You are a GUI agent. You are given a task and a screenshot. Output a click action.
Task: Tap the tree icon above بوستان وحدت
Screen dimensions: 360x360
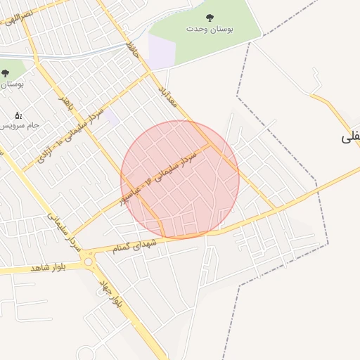(209, 18)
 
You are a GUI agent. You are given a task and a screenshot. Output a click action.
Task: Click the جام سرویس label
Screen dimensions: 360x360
(15, 125)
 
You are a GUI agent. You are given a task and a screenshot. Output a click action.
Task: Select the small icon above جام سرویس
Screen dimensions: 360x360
(18, 115)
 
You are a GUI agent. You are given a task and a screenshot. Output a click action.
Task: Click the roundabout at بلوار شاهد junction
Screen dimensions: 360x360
(89, 262)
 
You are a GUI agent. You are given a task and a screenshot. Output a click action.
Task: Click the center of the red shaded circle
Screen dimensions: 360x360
(180, 179)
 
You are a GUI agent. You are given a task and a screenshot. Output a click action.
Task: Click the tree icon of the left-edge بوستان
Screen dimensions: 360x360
(5, 73)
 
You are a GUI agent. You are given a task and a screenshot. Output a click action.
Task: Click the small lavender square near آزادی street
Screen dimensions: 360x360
(112, 116)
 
